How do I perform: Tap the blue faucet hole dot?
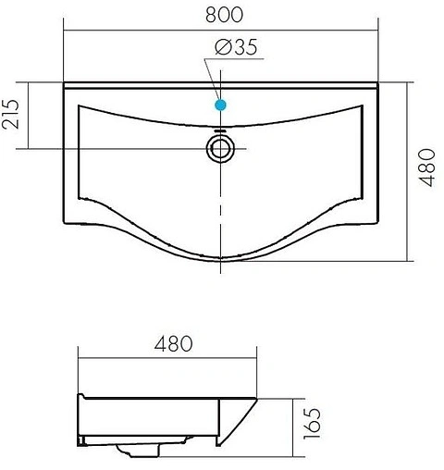click(220, 105)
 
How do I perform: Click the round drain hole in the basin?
click(220, 147)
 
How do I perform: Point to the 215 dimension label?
click(14, 116)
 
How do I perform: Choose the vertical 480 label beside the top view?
click(427, 167)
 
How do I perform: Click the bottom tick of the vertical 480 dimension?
click(409, 259)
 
